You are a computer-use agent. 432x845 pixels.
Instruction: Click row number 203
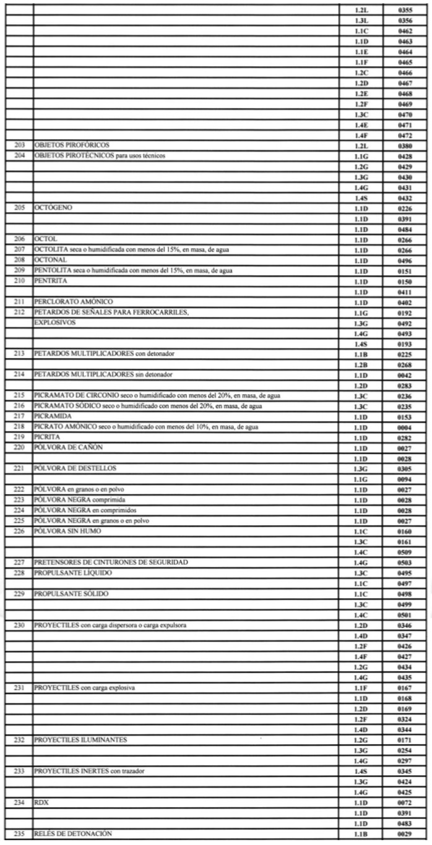point(22,145)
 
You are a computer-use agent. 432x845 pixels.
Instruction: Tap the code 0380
point(407,145)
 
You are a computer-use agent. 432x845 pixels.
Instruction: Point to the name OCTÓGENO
point(54,208)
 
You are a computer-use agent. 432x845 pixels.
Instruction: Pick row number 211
point(22,302)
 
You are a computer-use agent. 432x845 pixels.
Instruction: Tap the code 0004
point(407,428)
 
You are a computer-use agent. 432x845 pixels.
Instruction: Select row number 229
point(22,593)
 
